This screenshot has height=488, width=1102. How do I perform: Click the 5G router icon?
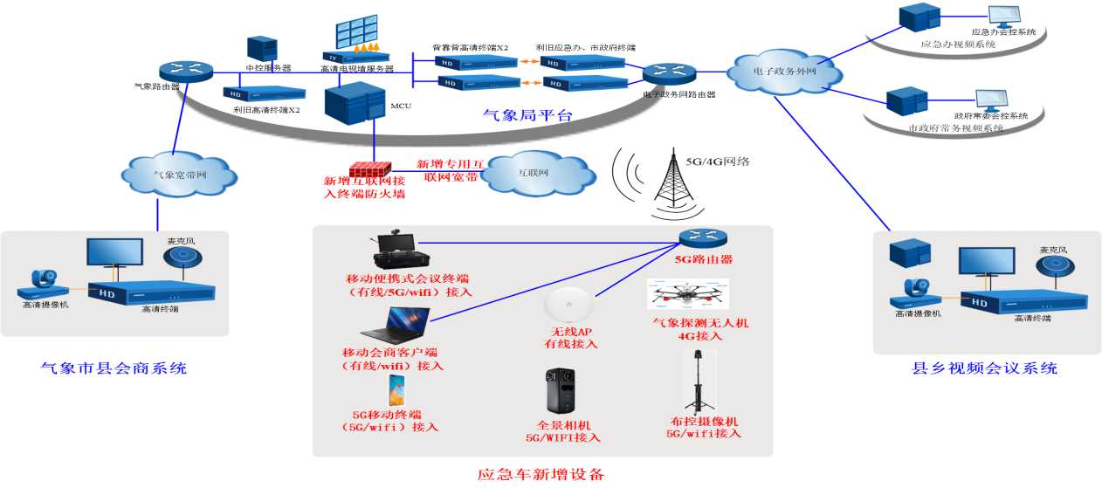pos(704,237)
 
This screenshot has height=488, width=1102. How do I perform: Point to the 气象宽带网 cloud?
pos(179,174)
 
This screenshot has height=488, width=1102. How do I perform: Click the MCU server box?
pos(354,104)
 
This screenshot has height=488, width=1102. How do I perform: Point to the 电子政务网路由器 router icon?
pos(669,75)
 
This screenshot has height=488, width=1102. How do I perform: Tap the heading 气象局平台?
pos(527,115)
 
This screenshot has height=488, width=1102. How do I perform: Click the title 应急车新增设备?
pos(541,475)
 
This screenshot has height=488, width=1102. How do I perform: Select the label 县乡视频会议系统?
pos(984,368)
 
